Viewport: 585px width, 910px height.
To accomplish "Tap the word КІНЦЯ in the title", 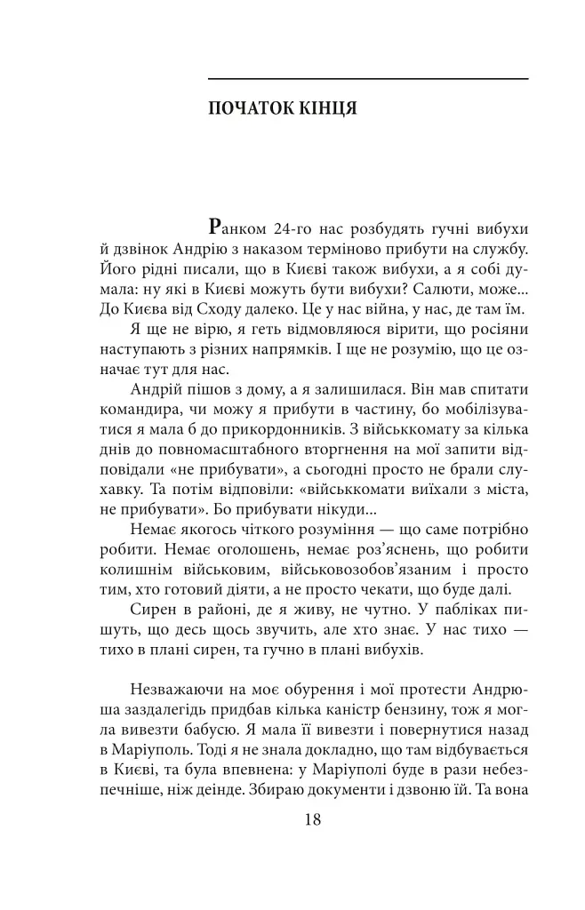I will point(325,109).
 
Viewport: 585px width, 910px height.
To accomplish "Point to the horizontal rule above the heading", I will point(367,79).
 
